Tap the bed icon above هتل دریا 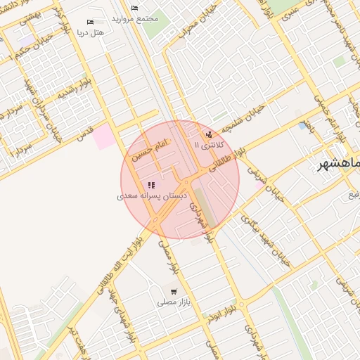[89, 22]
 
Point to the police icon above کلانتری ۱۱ [208, 134]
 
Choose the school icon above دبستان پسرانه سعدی [152, 185]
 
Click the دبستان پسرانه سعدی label [152, 196]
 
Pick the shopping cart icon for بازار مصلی [173, 290]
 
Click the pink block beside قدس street [104, 136]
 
